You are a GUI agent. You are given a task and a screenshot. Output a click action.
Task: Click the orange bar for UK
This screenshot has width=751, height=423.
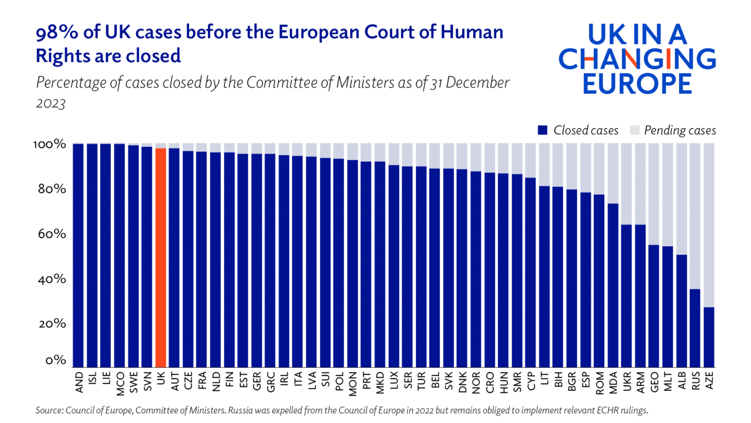160,258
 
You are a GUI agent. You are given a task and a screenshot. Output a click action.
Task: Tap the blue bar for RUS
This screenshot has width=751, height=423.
695,328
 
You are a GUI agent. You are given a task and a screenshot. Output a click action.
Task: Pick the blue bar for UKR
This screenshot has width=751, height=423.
626,296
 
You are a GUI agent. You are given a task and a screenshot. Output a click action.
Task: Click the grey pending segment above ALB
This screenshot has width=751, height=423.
682,199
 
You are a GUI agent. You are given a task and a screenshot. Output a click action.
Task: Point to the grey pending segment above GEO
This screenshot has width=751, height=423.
654,194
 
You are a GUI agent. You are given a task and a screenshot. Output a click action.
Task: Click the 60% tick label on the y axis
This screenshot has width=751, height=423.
52,234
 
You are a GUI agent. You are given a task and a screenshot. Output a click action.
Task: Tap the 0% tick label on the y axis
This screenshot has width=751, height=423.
55,360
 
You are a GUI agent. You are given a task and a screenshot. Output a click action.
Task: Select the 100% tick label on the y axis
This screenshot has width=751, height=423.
49,144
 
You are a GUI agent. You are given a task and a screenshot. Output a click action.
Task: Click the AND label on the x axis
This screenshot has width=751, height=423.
79,382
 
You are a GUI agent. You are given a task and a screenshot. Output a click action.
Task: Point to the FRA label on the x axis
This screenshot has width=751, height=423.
202,381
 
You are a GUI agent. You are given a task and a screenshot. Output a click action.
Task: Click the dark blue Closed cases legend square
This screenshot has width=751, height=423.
542,130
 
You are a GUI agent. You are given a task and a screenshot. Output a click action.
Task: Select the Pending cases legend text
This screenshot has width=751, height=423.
680,130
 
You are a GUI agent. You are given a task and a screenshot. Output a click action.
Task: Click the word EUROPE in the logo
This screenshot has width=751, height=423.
637,84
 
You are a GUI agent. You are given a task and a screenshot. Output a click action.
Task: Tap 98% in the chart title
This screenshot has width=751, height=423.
57,32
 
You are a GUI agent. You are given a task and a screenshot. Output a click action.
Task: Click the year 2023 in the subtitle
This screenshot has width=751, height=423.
50,103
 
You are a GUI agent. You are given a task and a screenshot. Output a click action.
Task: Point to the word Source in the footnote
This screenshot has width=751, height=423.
48,410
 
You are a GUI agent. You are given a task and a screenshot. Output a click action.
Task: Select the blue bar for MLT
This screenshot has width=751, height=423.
668,306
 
